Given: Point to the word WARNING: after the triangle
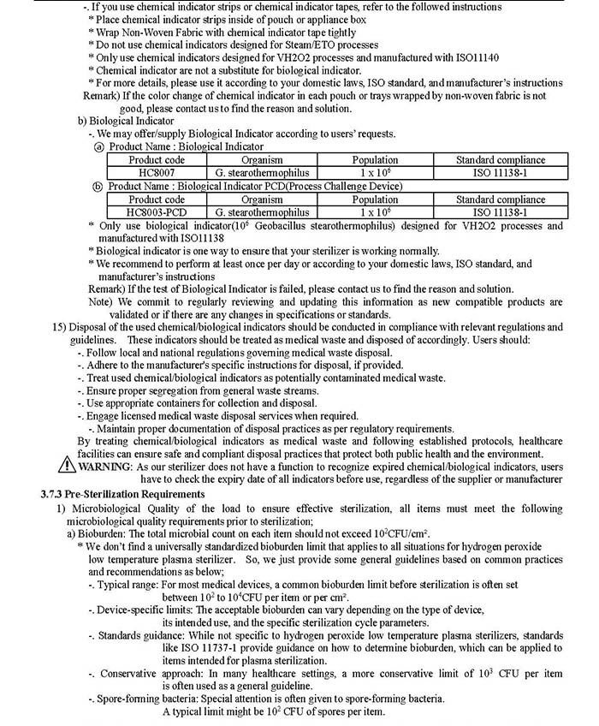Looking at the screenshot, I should [105, 467].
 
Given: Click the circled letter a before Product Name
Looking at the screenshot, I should [98, 147].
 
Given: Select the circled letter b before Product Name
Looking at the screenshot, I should [98, 187].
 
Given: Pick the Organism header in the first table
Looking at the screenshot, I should [262, 159].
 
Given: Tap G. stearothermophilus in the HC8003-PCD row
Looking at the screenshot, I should [262, 212].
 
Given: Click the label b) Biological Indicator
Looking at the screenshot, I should [126, 122].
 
